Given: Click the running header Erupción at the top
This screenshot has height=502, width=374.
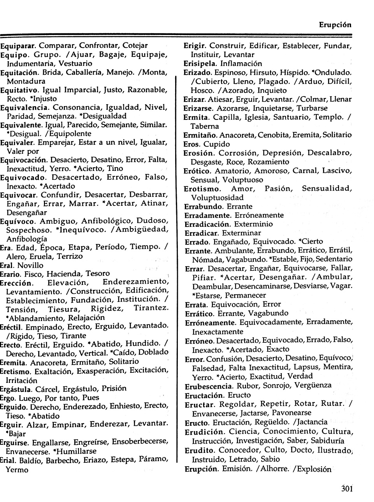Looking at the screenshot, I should click(335, 25).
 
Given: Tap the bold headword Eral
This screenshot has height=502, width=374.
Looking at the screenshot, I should click(7, 265).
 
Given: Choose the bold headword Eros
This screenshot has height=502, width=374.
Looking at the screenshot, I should click(191, 144).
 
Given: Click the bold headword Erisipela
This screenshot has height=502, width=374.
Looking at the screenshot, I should click(200, 63).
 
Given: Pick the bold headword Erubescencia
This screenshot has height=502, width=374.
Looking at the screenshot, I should click(209, 385).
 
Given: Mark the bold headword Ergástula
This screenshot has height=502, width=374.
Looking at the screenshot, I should click(16, 388).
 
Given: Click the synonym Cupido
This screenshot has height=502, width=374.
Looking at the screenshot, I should click(217, 144).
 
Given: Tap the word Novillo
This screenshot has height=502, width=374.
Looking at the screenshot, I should click(30, 265).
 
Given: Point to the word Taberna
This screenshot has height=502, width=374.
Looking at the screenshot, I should click(205, 126).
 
